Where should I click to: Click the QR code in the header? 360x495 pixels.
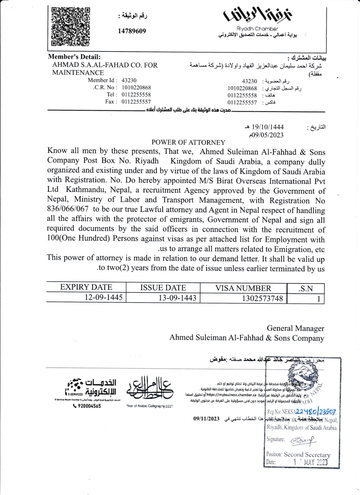(71, 27)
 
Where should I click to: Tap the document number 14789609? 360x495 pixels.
(132, 31)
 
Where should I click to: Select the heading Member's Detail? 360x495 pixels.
(74, 57)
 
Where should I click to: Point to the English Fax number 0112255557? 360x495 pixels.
(136, 102)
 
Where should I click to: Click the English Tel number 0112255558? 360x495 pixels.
(136, 95)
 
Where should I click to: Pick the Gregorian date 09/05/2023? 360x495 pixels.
(266, 135)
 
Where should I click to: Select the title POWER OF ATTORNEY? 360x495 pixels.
(188, 142)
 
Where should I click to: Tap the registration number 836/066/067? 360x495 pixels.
(68, 209)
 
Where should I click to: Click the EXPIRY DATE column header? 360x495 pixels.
(86, 287)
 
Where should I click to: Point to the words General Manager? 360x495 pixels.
(295, 328)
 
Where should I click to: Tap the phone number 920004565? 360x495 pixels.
(89, 406)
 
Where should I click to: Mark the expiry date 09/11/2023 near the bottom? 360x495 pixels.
(206, 419)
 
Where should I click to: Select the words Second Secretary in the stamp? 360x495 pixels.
(307, 454)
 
